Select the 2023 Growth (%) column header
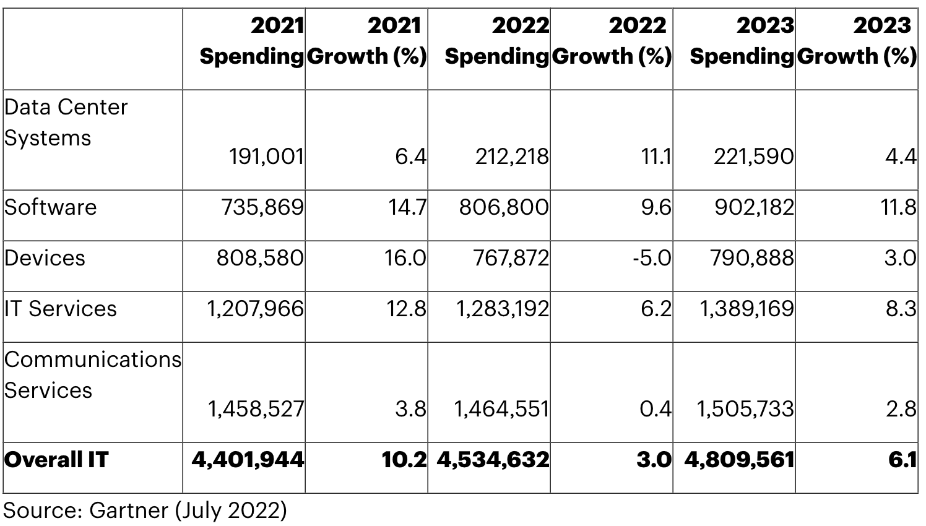[857, 41]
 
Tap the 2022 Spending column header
[496, 41]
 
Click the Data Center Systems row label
[66, 123]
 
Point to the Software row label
[50, 207]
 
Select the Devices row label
[45, 258]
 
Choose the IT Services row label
[60, 309]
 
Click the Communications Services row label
[92, 375]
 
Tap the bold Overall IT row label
[56, 460]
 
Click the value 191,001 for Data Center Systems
[266, 157]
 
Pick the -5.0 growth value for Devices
[652, 258]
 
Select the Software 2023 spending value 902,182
[754, 207]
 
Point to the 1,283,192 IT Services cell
[502, 309]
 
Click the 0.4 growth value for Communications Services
[656, 409]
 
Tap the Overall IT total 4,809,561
[739, 460]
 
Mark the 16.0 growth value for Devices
[406, 258]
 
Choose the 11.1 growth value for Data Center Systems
[657, 157]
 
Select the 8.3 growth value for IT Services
[901, 309]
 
